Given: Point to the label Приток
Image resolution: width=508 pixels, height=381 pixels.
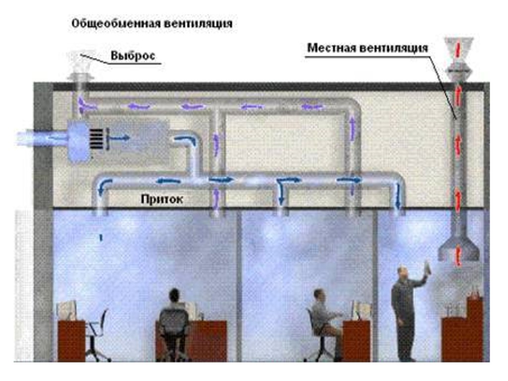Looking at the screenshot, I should click(162, 199).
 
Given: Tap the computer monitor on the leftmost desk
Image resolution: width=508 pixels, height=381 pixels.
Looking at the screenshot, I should click(66, 311).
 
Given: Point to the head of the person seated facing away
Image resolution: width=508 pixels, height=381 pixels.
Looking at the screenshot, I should click(174, 295).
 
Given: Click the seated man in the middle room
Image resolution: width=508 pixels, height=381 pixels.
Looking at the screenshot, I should click(322, 317).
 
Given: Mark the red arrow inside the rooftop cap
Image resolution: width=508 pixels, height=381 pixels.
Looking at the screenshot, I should click(458, 49).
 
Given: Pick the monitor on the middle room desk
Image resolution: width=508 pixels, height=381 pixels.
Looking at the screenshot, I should click(362, 310).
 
